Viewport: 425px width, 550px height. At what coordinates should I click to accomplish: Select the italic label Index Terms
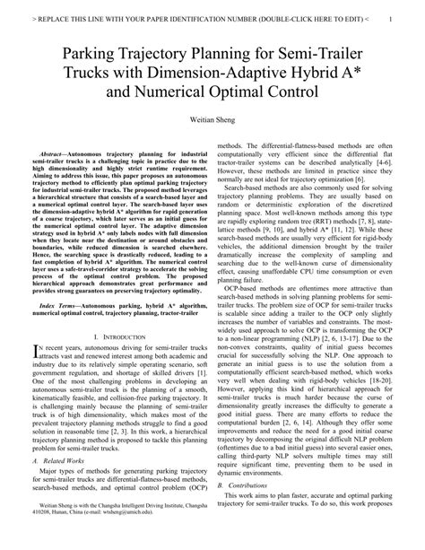(69, 280)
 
